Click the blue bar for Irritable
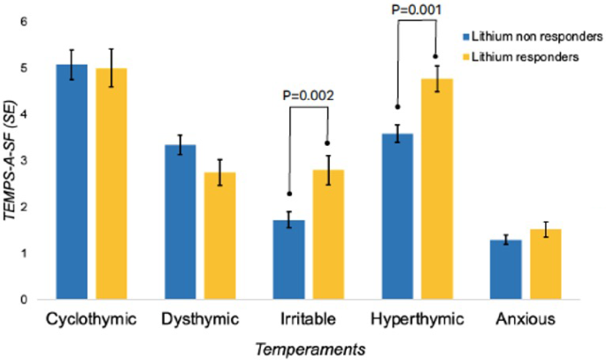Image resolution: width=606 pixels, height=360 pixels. pyautogui.click(x=289, y=260)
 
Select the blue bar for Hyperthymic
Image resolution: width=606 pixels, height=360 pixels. pyautogui.click(x=398, y=217)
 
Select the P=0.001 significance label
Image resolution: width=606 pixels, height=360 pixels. pyautogui.click(x=417, y=11)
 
